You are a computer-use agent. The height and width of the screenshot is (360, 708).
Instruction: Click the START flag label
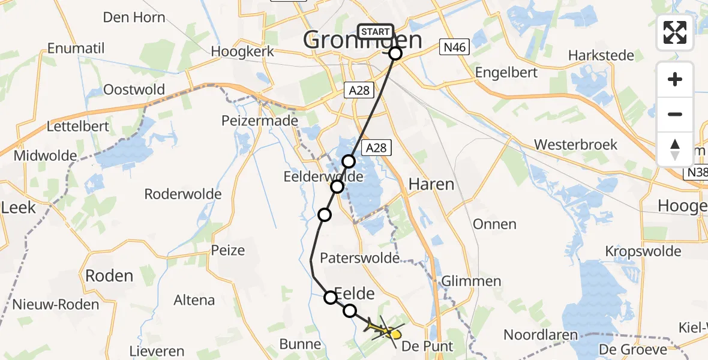click(x=376, y=32)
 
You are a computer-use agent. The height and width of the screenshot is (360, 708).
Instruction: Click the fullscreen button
click(x=675, y=32)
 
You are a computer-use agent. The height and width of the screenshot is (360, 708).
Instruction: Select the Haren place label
click(x=431, y=184)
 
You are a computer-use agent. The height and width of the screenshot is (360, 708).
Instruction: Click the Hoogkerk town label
click(x=242, y=52)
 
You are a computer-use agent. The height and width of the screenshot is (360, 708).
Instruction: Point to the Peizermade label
click(x=260, y=121)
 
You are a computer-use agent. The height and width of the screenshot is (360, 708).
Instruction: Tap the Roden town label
click(x=109, y=275)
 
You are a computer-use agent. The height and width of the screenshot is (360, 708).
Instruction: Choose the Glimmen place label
click(x=471, y=281)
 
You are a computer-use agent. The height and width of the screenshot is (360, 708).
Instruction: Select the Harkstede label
click(x=601, y=55)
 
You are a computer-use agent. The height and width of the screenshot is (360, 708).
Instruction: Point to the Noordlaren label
click(x=541, y=335)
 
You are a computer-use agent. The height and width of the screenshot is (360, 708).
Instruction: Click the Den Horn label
click(x=134, y=17)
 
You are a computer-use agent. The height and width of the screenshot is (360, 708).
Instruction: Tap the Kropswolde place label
click(x=643, y=251)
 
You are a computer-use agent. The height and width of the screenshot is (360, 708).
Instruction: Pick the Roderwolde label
click(x=183, y=194)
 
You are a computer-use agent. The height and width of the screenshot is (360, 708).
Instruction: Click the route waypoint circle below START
click(x=395, y=53)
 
